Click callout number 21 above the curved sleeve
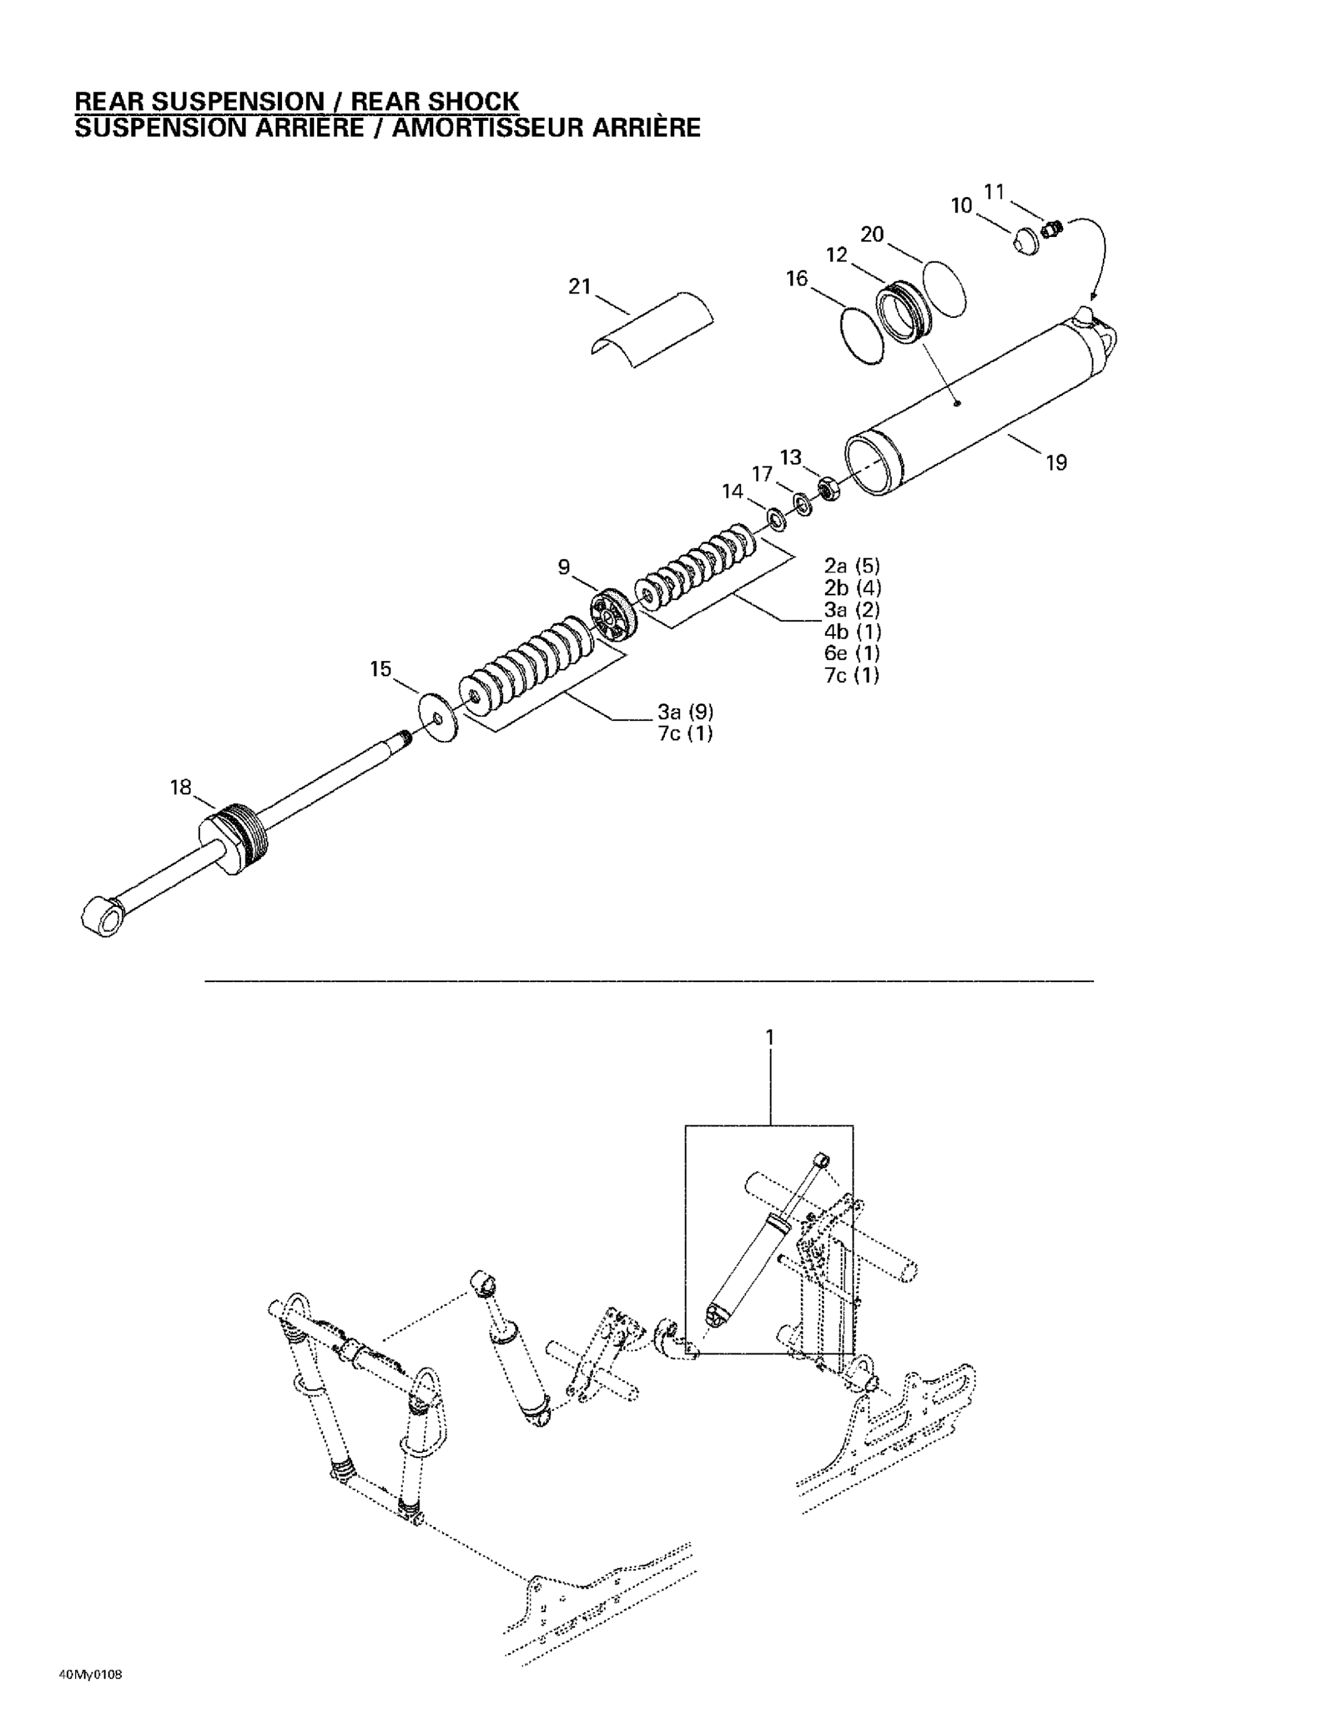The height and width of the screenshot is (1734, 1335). [x=579, y=287]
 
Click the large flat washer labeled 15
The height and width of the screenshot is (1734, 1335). [x=438, y=718]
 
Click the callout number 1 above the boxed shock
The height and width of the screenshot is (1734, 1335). [x=769, y=1038]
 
